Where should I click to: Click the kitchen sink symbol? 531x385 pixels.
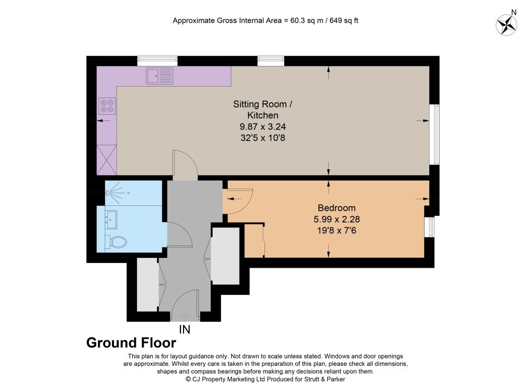160,76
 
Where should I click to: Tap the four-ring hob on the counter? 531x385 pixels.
107,106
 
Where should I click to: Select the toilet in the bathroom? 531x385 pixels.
116,242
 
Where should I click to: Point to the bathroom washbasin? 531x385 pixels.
111,219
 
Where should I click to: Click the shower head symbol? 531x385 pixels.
108,193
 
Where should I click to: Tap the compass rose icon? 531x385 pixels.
507,25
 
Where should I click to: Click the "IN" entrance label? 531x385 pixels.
185,329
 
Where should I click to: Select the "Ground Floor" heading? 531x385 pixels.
131,342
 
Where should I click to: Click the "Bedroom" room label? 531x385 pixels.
337,208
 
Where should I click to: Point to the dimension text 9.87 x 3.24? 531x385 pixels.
263,127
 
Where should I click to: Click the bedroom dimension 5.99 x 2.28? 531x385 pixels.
337,219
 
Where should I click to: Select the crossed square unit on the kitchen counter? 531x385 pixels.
107,160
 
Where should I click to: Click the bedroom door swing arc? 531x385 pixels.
246,205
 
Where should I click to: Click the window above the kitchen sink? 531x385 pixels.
157,61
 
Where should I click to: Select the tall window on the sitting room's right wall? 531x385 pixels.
435,134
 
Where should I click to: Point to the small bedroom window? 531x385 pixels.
429,227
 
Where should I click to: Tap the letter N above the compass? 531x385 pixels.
514,12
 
